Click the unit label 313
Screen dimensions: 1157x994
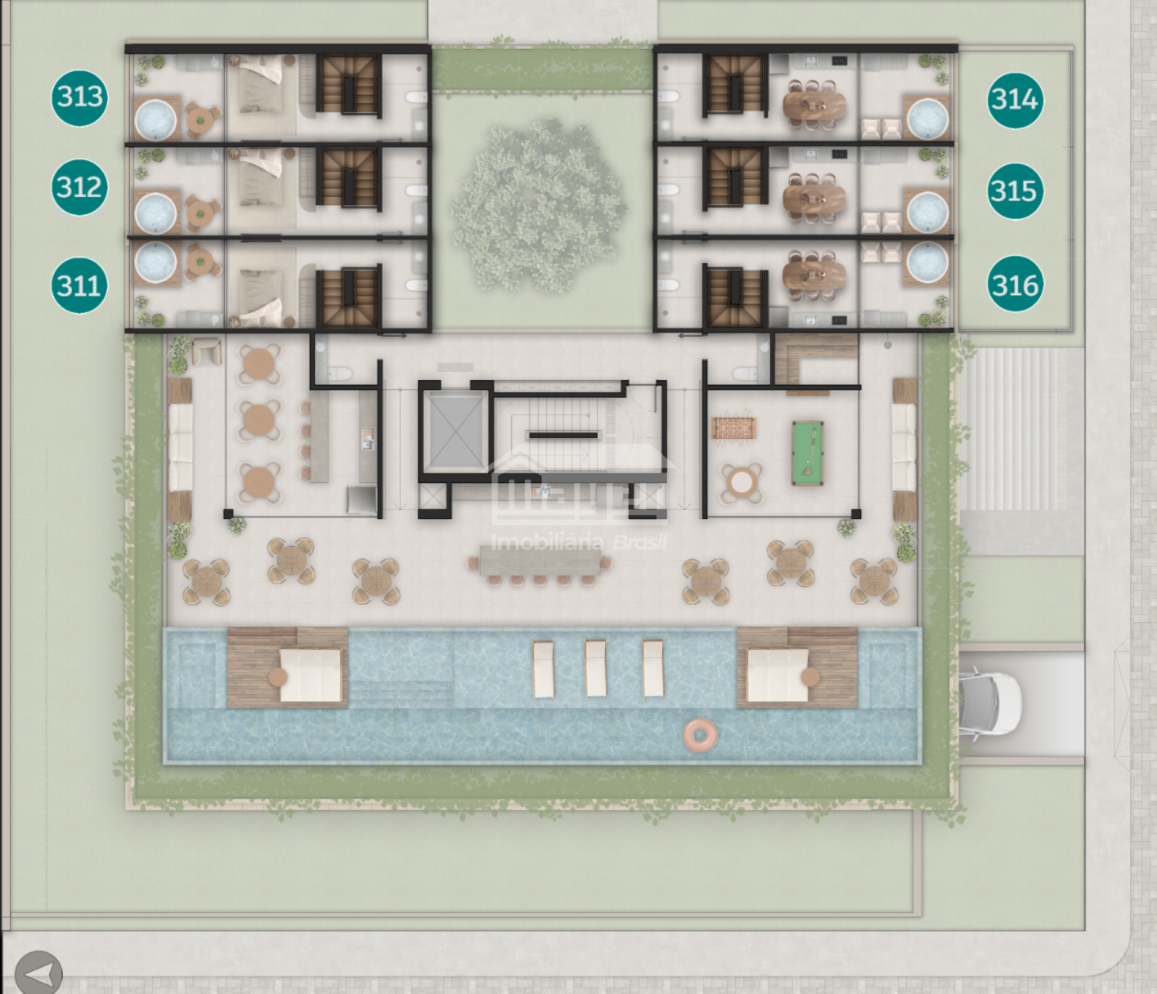pyautogui.click(x=80, y=97)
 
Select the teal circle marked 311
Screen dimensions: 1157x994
pyautogui.click(x=80, y=285)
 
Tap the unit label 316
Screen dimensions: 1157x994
pyautogui.click(x=1015, y=284)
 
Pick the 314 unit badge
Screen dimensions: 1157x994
pyautogui.click(x=1015, y=99)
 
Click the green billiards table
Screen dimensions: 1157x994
pyautogui.click(x=807, y=453)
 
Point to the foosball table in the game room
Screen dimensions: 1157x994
pyautogui.click(x=734, y=428)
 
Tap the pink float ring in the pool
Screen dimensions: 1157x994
pyautogui.click(x=700, y=735)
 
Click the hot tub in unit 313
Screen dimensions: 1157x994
pyautogui.click(x=155, y=119)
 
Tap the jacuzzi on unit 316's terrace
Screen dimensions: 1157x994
pyautogui.click(x=927, y=263)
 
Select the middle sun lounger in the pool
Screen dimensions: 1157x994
pyautogui.click(x=596, y=669)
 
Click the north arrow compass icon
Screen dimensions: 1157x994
pyautogui.click(x=39, y=972)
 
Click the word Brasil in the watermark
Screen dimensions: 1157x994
pyautogui.click(x=640, y=542)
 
